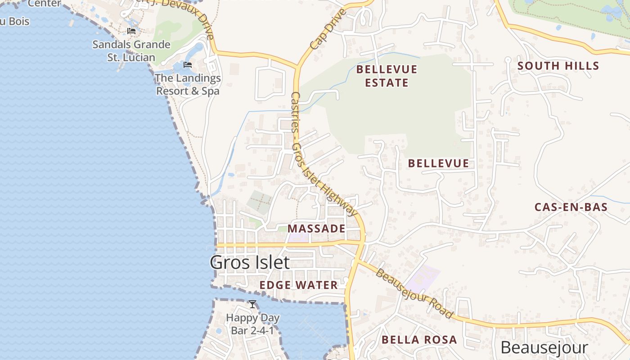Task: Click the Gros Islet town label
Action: [249, 262]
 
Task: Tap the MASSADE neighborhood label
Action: [316, 229]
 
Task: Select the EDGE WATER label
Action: [298, 285]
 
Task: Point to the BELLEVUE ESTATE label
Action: [387, 76]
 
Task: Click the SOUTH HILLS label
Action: [558, 66]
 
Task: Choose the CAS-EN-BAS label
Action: [571, 207]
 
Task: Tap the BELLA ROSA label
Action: [419, 340]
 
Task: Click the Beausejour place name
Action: [544, 348]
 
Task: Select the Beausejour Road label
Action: [414, 293]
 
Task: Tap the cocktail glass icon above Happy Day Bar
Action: [252, 305]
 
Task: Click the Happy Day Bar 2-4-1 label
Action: [252, 324]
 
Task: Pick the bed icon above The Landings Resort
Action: [188, 65]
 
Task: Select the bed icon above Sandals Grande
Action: [131, 31]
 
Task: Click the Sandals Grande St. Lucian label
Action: [131, 51]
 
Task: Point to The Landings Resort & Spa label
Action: [188, 85]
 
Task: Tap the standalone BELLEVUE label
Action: [438, 163]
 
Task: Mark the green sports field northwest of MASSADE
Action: [260, 202]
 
